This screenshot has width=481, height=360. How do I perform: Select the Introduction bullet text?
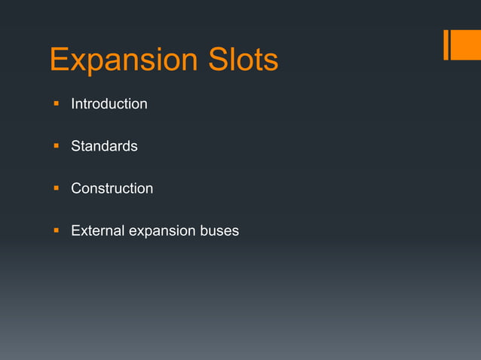point(109,104)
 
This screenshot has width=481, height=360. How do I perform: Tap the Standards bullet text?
point(104,146)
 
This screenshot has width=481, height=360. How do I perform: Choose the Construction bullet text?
point(112,188)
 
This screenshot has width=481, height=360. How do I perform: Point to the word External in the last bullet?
point(97,230)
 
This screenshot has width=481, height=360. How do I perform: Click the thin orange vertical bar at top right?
point(446,44)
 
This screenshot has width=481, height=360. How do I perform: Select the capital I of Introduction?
point(73,104)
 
